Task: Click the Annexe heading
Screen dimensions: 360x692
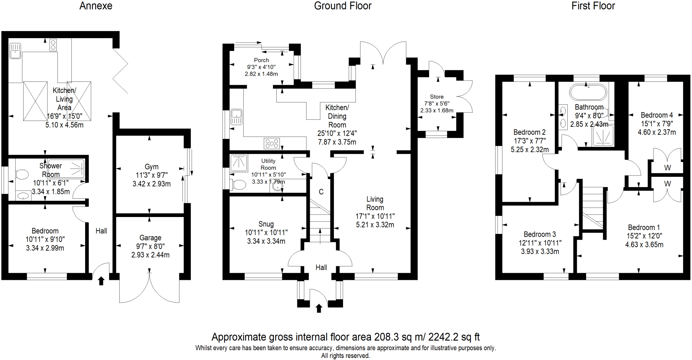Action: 96,6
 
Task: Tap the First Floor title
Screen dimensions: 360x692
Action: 593,6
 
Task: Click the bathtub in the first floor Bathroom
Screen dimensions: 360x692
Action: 588,92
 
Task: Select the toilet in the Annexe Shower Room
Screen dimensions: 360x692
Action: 22,175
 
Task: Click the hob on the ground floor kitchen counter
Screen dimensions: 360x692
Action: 272,144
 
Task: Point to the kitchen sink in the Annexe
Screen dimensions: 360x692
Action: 15,51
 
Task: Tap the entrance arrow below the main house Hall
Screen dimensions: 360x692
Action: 319,308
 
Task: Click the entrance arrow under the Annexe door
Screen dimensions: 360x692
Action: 101,281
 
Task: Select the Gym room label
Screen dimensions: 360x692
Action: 151,167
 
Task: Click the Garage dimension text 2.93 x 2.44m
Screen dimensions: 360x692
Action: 150,255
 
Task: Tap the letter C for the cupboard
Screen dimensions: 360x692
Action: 321,192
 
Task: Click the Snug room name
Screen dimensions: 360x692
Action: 266,224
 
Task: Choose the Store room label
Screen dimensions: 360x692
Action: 437,97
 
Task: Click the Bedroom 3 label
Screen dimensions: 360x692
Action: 540,234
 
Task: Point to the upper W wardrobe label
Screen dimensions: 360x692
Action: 667,168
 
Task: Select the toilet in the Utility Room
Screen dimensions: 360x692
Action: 239,185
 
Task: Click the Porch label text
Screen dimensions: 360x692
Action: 261,60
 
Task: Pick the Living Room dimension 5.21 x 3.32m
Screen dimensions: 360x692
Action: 375,225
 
